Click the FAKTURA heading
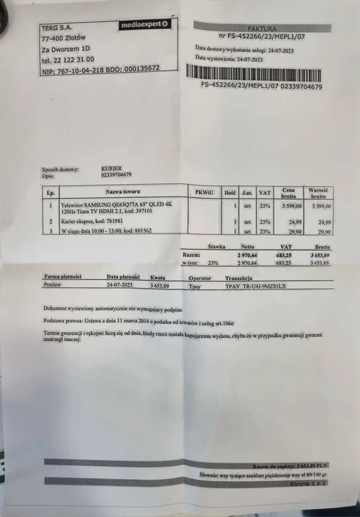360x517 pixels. pyautogui.click(x=262, y=29)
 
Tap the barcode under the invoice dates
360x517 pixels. pyautogui.click(x=253, y=72)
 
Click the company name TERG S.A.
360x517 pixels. pyautogui.click(x=57, y=28)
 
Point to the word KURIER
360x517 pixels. pyautogui.click(x=111, y=168)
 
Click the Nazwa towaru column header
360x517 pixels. pyautogui.click(x=123, y=191)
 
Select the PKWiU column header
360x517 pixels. pyautogui.click(x=204, y=192)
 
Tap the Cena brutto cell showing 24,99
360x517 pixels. pyautogui.click(x=295, y=222)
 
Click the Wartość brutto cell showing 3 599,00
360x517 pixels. pyautogui.click(x=321, y=206)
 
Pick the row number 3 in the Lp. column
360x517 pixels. pyautogui.click(x=51, y=231)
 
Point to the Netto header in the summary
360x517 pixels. pyautogui.click(x=247, y=246)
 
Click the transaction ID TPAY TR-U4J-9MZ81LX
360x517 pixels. pyautogui.click(x=256, y=286)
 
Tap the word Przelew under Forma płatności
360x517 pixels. pyautogui.click(x=52, y=285)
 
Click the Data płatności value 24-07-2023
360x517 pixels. pyautogui.click(x=120, y=285)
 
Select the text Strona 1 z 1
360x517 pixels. pyautogui.click(x=308, y=484)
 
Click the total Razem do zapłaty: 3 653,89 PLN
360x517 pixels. pyautogui.click(x=290, y=466)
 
